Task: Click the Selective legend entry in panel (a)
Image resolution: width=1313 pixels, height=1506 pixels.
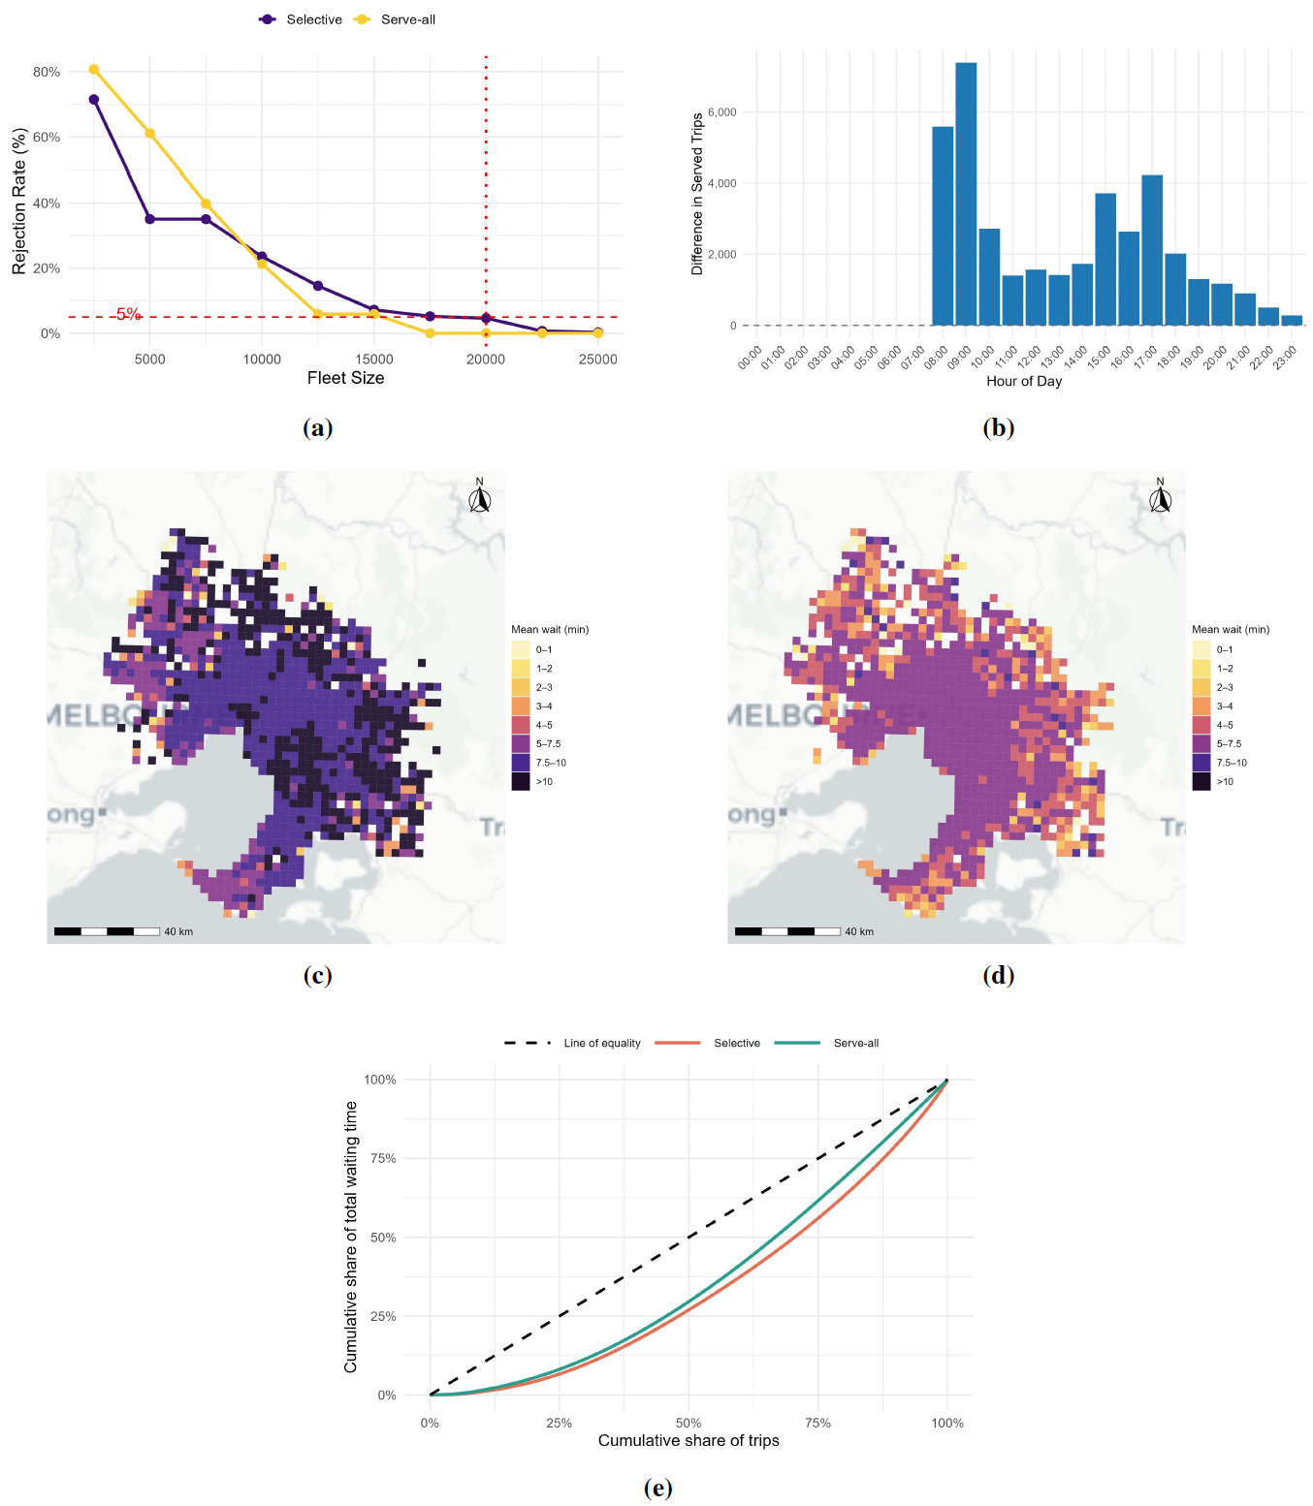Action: point(302,19)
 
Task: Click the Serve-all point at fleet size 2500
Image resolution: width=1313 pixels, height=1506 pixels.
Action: point(94,69)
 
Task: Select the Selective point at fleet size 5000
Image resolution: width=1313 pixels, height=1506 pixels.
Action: point(149,219)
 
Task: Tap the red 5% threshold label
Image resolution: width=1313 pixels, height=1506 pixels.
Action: point(128,314)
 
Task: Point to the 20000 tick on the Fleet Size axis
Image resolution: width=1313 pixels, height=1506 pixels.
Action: point(486,360)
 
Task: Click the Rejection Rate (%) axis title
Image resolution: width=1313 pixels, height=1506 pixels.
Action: point(19,201)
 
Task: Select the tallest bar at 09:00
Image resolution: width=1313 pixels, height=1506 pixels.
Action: point(966,194)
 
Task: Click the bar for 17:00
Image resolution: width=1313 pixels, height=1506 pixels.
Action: point(1152,250)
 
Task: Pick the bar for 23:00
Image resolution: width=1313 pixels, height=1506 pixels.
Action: point(1292,320)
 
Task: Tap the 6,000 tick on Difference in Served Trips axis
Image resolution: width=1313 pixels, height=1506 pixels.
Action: point(722,112)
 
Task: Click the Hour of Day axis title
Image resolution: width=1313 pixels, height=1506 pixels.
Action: point(1024,382)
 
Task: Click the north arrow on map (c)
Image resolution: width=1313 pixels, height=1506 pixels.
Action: point(480,497)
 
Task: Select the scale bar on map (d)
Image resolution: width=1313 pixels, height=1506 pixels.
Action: point(786,931)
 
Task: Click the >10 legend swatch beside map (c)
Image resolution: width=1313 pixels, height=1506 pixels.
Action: point(521,782)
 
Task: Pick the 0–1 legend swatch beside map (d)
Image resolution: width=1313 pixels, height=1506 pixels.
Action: point(1201,649)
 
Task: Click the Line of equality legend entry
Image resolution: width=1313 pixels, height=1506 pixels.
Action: point(572,1043)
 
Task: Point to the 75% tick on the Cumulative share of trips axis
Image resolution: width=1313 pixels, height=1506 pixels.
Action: point(817,1424)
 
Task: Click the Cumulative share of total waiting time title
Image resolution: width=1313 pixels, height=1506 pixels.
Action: point(351,1237)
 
